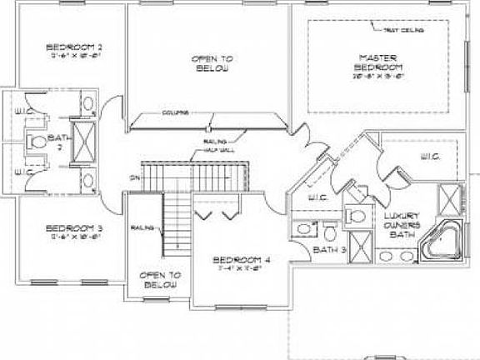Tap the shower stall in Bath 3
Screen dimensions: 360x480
click(x=359, y=246)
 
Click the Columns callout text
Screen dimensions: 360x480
click(x=175, y=111)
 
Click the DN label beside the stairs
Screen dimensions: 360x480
click(x=133, y=177)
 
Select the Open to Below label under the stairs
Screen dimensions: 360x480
click(x=160, y=279)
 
